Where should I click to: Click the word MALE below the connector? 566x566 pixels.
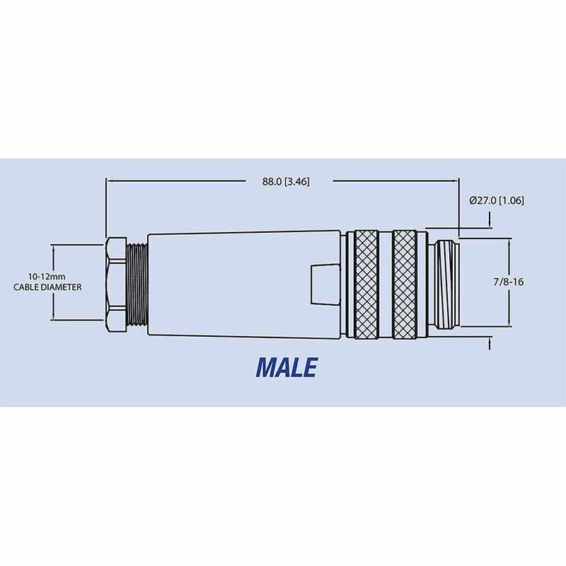click(287, 366)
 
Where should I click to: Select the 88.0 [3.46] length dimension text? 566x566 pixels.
click(286, 182)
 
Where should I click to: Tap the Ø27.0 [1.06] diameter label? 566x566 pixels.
click(496, 200)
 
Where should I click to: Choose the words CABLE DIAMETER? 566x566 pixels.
click(47, 287)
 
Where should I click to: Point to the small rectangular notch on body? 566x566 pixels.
click(323, 284)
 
